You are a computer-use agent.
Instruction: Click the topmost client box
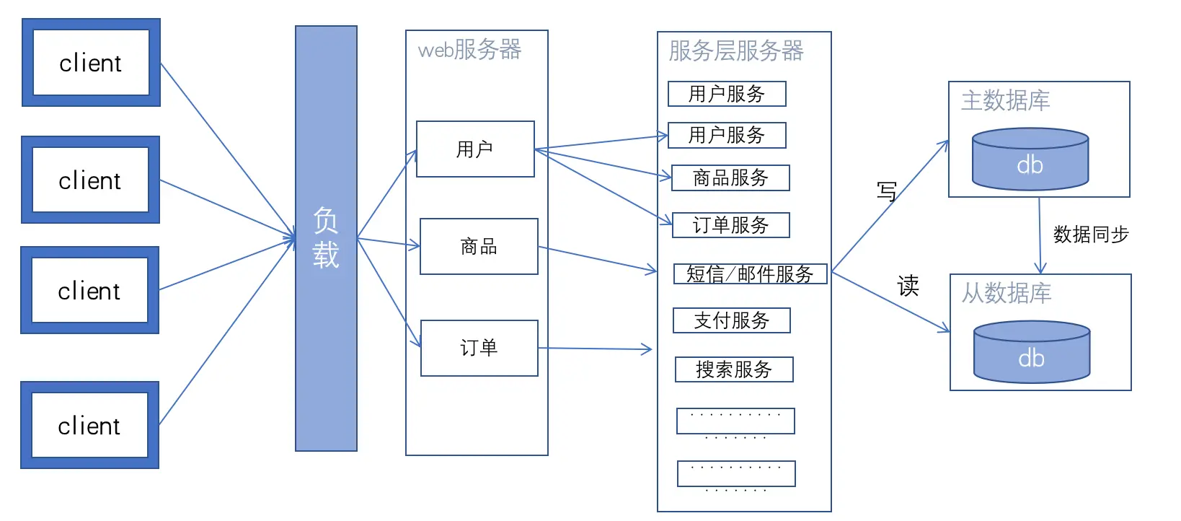[91, 63]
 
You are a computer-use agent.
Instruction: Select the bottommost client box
[89, 425]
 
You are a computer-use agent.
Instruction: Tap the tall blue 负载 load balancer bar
[326, 238]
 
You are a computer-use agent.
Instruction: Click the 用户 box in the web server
[475, 149]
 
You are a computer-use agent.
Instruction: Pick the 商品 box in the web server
[479, 247]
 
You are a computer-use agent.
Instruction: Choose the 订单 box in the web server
[479, 348]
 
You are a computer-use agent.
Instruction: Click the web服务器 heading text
[469, 50]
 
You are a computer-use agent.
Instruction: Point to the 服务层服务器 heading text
[735, 51]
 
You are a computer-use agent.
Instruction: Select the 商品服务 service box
[730, 178]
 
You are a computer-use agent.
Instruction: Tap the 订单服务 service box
[730, 225]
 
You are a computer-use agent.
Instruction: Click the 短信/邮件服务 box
[750, 274]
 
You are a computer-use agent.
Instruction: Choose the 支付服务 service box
[731, 320]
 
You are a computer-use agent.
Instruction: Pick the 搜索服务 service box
[734, 369]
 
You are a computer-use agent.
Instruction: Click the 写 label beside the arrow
[886, 191]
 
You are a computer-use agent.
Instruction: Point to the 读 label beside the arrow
[908, 286]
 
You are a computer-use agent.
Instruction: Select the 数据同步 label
[1090, 235]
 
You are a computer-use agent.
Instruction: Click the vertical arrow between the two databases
[1040, 235]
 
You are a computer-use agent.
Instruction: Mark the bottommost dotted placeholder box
[736, 474]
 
